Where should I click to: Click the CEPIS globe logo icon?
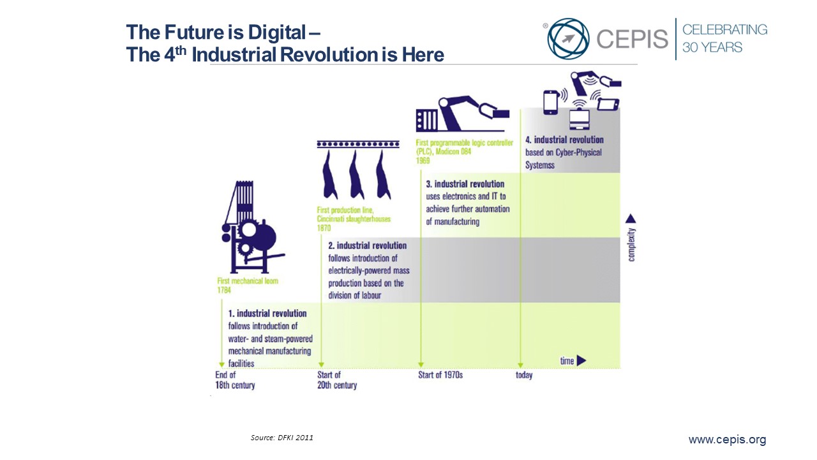pyautogui.click(x=568, y=39)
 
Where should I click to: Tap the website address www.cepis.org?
pyautogui.click(x=727, y=439)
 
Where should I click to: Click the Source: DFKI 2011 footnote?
pyautogui.click(x=281, y=438)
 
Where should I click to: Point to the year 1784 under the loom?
pyautogui.click(x=224, y=290)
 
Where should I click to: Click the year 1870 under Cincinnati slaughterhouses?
pyautogui.click(x=324, y=228)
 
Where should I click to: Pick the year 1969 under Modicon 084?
pyautogui.click(x=423, y=160)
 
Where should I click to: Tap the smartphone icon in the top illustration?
pyautogui.click(x=551, y=103)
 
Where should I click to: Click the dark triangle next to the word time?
pyautogui.click(x=581, y=361)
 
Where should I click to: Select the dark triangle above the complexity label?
pyautogui.click(x=631, y=218)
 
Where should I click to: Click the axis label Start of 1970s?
pyautogui.click(x=440, y=375)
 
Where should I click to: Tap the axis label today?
pyautogui.click(x=524, y=375)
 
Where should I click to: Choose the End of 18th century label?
pyautogui.click(x=235, y=380)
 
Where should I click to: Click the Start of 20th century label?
pyautogui.click(x=337, y=380)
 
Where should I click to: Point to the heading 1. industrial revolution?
pyautogui.click(x=267, y=313)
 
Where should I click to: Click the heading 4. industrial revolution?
pyautogui.click(x=564, y=140)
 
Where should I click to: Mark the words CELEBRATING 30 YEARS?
pyautogui.click(x=724, y=38)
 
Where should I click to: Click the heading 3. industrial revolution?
pyautogui.click(x=465, y=184)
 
